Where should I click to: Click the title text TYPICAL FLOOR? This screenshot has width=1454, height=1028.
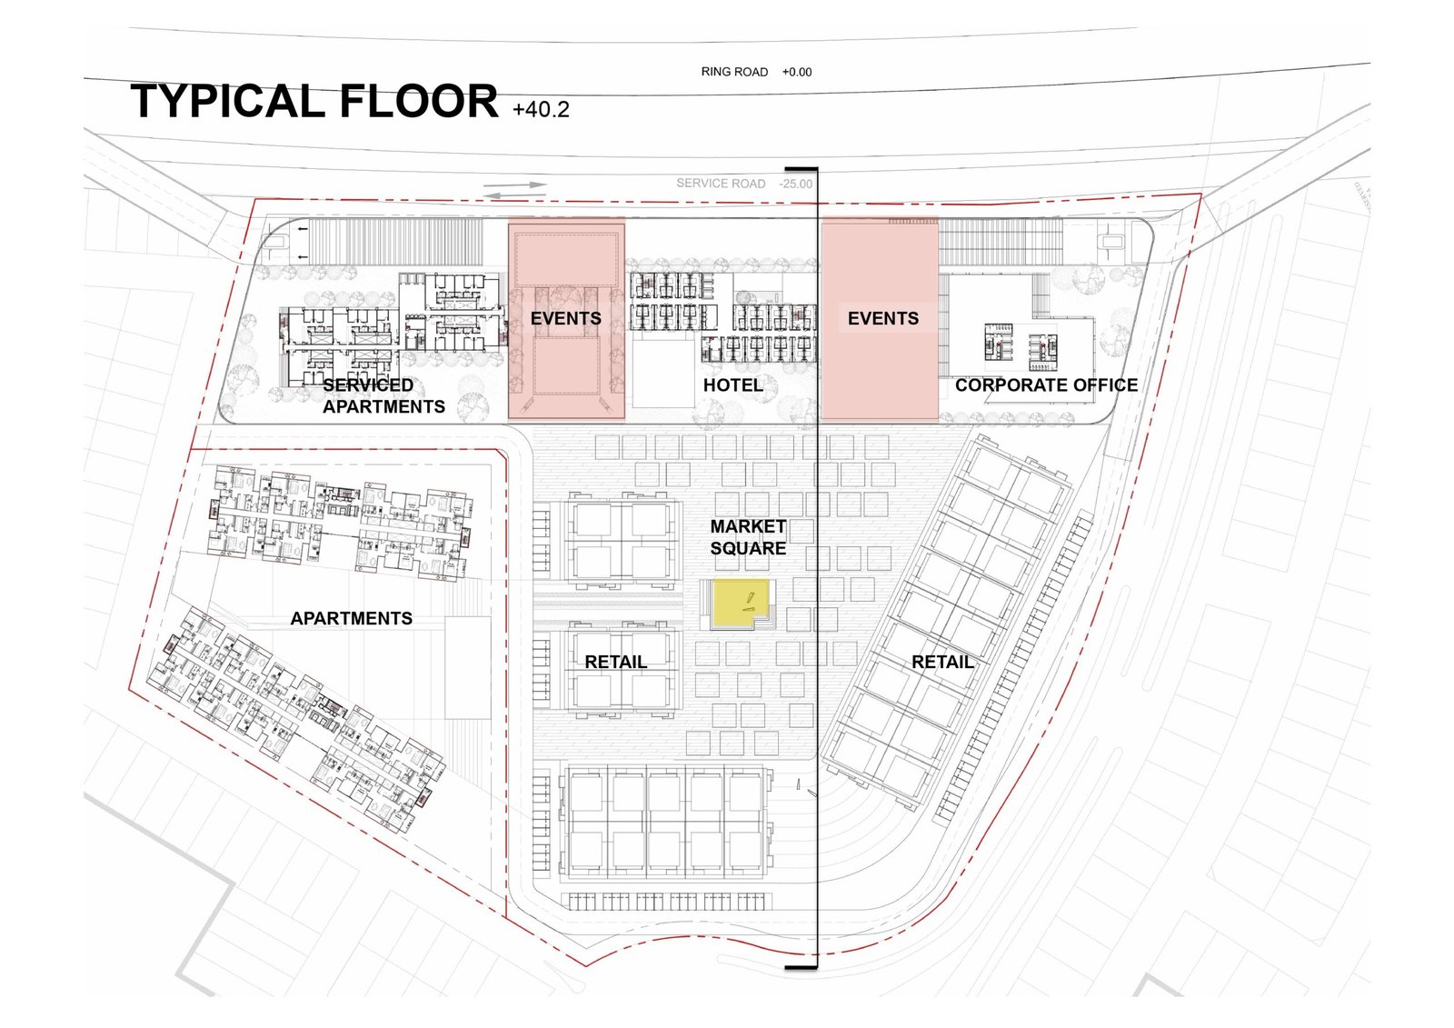(x=314, y=101)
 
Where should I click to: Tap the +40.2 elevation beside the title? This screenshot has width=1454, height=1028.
(x=541, y=109)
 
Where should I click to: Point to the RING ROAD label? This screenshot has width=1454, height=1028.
(x=734, y=72)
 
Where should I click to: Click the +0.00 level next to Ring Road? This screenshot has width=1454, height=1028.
(x=796, y=72)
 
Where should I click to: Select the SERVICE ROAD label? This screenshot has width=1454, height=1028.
(x=721, y=184)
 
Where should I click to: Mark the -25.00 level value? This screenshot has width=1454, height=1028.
(x=796, y=184)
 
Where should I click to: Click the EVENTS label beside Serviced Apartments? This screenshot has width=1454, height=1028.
(x=566, y=318)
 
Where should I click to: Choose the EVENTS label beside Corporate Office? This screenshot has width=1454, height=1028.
(x=882, y=318)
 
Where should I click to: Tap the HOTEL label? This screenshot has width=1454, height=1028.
(x=732, y=385)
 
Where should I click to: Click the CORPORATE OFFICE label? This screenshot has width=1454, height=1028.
(x=1046, y=385)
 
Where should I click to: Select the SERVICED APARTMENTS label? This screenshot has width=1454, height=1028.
(x=383, y=395)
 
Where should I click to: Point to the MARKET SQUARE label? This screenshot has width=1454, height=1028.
(x=748, y=537)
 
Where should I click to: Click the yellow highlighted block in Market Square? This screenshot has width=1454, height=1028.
(x=740, y=604)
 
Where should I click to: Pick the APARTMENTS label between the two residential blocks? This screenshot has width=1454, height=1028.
(x=351, y=618)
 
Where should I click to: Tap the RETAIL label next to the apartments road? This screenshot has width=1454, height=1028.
(x=615, y=662)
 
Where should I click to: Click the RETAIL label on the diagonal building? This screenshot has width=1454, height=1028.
(x=942, y=662)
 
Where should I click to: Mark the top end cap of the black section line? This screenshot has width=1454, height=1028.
(x=801, y=169)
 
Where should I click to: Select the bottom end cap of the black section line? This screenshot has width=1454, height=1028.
(x=801, y=968)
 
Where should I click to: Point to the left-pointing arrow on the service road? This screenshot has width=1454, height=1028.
(x=514, y=195)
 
